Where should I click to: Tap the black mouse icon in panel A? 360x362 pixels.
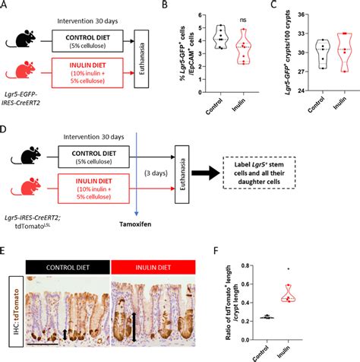tap(24, 37)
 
